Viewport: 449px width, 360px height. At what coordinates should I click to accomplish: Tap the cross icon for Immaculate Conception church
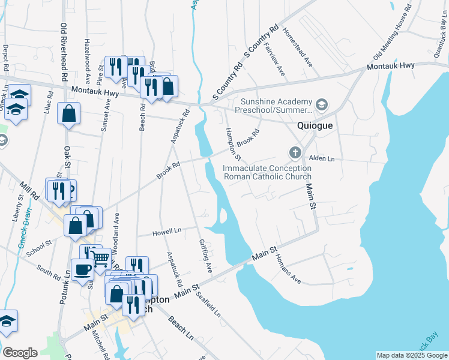pos(295,152)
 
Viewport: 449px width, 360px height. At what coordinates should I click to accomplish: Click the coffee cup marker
pos(82,270)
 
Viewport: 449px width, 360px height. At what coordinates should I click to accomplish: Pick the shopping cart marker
pos(101,259)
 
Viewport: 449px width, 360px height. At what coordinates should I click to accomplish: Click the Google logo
pos(20,353)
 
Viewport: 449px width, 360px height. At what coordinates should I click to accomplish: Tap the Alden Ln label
pos(321,158)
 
